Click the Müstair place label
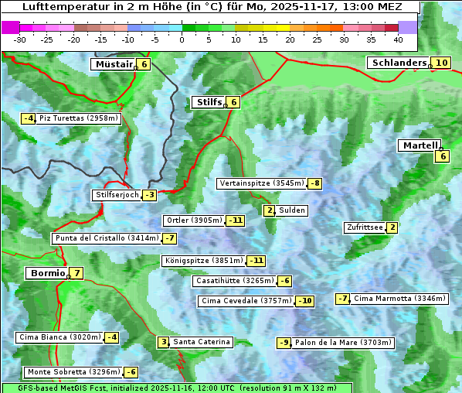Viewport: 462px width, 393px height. pyautogui.click(x=113, y=64)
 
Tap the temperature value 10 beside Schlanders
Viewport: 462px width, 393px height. pyautogui.click(x=441, y=63)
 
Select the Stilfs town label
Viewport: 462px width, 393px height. pyautogui.click(x=208, y=101)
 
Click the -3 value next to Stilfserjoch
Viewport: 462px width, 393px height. pyautogui.click(x=149, y=195)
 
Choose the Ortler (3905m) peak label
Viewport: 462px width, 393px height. pyautogui.click(x=194, y=220)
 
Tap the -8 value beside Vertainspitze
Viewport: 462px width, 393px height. pyautogui.click(x=314, y=183)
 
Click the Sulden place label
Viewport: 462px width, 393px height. pyautogui.click(x=292, y=210)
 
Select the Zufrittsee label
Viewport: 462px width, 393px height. pyautogui.click(x=364, y=227)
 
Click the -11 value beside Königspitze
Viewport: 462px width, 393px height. pyautogui.click(x=256, y=261)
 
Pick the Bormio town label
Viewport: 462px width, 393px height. pyautogui.click(x=46, y=273)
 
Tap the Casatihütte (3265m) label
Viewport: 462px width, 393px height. pyautogui.click(x=234, y=281)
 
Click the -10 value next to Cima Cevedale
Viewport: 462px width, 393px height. pyautogui.click(x=305, y=301)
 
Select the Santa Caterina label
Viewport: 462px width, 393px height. pyautogui.click(x=201, y=342)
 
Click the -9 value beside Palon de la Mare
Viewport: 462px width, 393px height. pyautogui.click(x=284, y=343)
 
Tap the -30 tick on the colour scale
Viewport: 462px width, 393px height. pyautogui.click(x=20, y=39)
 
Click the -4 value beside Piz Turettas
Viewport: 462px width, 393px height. pyautogui.click(x=28, y=118)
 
